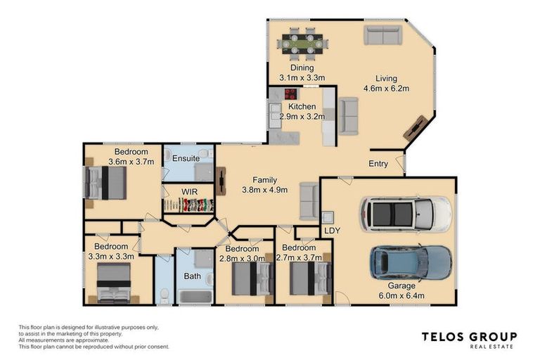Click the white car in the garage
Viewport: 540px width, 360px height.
click(x=406, y=214)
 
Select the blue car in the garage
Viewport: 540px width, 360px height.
click(x=411, y=262)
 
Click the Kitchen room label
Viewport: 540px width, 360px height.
click(x=302, y=107)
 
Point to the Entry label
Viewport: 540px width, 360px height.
click(x=379, y=164)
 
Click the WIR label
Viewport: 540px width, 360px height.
click(x=189, y=191)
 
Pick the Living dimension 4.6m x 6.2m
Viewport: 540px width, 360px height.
click(x=386, y=89)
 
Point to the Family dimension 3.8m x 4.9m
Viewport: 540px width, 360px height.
click(x=264, y=190)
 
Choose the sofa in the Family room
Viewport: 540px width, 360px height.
click(x=308, y=201)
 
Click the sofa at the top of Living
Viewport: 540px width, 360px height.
click(x=382, y=35)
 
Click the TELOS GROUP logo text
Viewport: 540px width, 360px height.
click(x=469, y=337)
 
